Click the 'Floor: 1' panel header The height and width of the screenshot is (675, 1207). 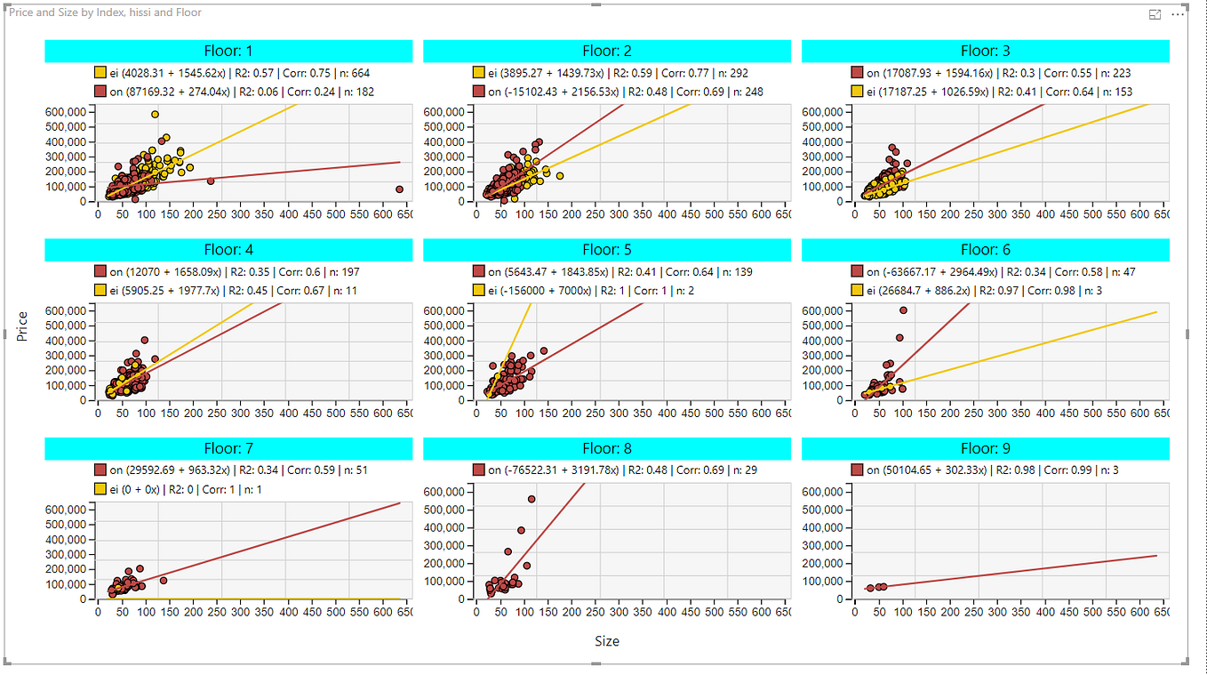pyautogui.click(x=228, y=52)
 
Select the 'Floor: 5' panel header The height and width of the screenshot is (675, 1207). pyautogui.click(x=606, y=250)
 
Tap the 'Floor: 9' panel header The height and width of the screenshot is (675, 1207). pyautogui.click(x=985, y=448)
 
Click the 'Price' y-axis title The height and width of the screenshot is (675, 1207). pyautogui.click(x=23, y=325)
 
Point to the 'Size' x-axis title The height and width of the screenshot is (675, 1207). pyautogui.click(x=607, y=641)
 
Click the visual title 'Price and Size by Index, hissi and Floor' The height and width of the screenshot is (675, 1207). pyautogui.click(x=105, y=12)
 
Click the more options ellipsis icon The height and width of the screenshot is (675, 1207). pyautogui.click(x=1178, y=15)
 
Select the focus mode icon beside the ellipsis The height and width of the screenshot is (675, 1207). pyautogui.click(x=1155, y=15)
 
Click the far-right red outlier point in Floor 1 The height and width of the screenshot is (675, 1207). pyautogui.click(x=399, y=189)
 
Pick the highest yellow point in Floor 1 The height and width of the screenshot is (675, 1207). pyautogui.click(x=155, y=114)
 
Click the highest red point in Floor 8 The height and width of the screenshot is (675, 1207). pyautogui.click(x=532, y=499)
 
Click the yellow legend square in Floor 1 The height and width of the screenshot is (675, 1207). pyautogui.click(x=100, y=73)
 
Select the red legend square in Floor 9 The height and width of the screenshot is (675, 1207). pyautogui.click(x=857, y=470)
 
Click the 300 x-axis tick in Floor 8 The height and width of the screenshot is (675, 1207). pyautogui.click(x=619, y=612)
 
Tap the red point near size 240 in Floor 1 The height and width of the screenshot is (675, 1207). pyautogui.click(x=211, y=181)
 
